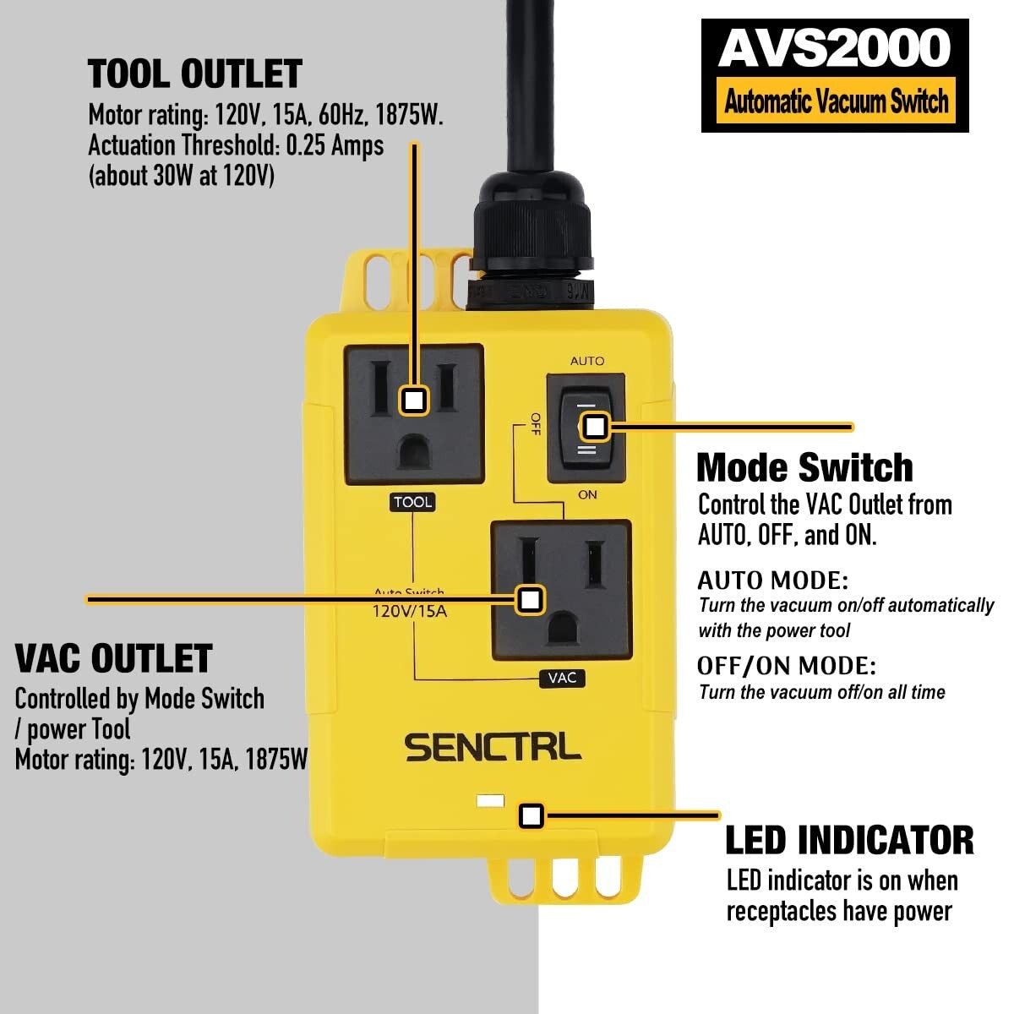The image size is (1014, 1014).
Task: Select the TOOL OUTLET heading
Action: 195,74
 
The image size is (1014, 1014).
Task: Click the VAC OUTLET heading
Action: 114,659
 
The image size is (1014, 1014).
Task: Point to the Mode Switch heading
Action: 804,467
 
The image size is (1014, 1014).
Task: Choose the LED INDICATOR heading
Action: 849,841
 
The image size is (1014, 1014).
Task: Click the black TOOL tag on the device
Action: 412,502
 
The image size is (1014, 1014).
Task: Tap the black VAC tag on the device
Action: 562,678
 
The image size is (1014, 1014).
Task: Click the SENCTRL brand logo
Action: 493,748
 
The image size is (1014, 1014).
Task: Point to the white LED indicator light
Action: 490,799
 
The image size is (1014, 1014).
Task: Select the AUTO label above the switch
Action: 587,361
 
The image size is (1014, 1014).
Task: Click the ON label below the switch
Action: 587,494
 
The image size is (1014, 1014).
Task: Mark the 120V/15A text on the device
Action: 410,611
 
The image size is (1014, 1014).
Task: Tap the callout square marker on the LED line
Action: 531,815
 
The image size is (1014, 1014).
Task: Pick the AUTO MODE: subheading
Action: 772,581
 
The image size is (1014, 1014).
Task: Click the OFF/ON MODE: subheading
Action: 787,666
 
